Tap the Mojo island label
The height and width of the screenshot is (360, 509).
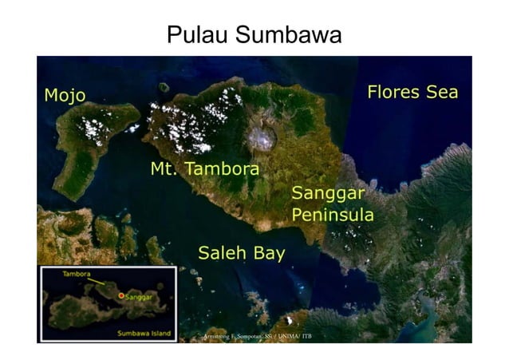click(x=65, y=97)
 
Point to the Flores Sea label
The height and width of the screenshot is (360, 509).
click(x=412, y=92)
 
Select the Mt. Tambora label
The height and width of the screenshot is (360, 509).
click(x=205, y=169)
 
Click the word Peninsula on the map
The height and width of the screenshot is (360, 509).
click(x=332, y=215)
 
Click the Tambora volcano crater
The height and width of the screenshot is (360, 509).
click(x=261, y=138)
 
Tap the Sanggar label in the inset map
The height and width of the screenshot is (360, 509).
click(x=140, y=296)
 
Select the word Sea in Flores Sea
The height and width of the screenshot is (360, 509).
click(x=441, y=92)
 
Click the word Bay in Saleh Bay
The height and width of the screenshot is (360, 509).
click(x=268, y=254)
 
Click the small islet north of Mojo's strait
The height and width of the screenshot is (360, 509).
click(x=164, y=87)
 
